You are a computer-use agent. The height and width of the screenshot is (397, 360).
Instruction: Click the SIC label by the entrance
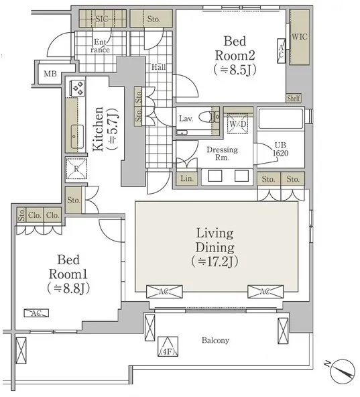point(101,19)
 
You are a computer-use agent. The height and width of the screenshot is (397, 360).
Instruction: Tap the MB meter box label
point(50,74)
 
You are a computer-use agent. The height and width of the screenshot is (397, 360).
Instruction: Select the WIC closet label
point(299,37)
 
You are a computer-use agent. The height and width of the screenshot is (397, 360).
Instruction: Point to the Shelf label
point(294,98)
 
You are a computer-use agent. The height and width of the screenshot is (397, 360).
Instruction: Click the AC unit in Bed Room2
point(281,51)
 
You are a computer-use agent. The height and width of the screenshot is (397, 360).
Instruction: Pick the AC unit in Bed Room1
point(36,313)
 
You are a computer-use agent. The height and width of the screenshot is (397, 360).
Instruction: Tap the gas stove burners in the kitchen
point(78,88)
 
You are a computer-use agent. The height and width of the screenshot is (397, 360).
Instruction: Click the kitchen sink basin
point(77,137)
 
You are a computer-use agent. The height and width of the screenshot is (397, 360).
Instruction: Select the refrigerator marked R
point(76,168)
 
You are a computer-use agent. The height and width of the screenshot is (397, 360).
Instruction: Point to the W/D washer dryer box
point(238,124)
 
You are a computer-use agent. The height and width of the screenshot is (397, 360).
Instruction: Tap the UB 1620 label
point(280,149)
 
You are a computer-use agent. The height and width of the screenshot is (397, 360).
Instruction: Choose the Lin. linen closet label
point(187,178)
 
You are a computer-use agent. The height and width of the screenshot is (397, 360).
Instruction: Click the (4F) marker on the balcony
point(168,347)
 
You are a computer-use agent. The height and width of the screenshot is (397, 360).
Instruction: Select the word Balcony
point(215,340)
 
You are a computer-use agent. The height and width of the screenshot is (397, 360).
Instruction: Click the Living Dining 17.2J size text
point(215,262)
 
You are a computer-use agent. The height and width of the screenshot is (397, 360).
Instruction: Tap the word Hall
point(159,67)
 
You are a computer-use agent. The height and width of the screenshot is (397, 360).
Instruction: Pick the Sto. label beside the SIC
point(154,19)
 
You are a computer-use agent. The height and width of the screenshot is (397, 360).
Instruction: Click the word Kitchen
point(99,129)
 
